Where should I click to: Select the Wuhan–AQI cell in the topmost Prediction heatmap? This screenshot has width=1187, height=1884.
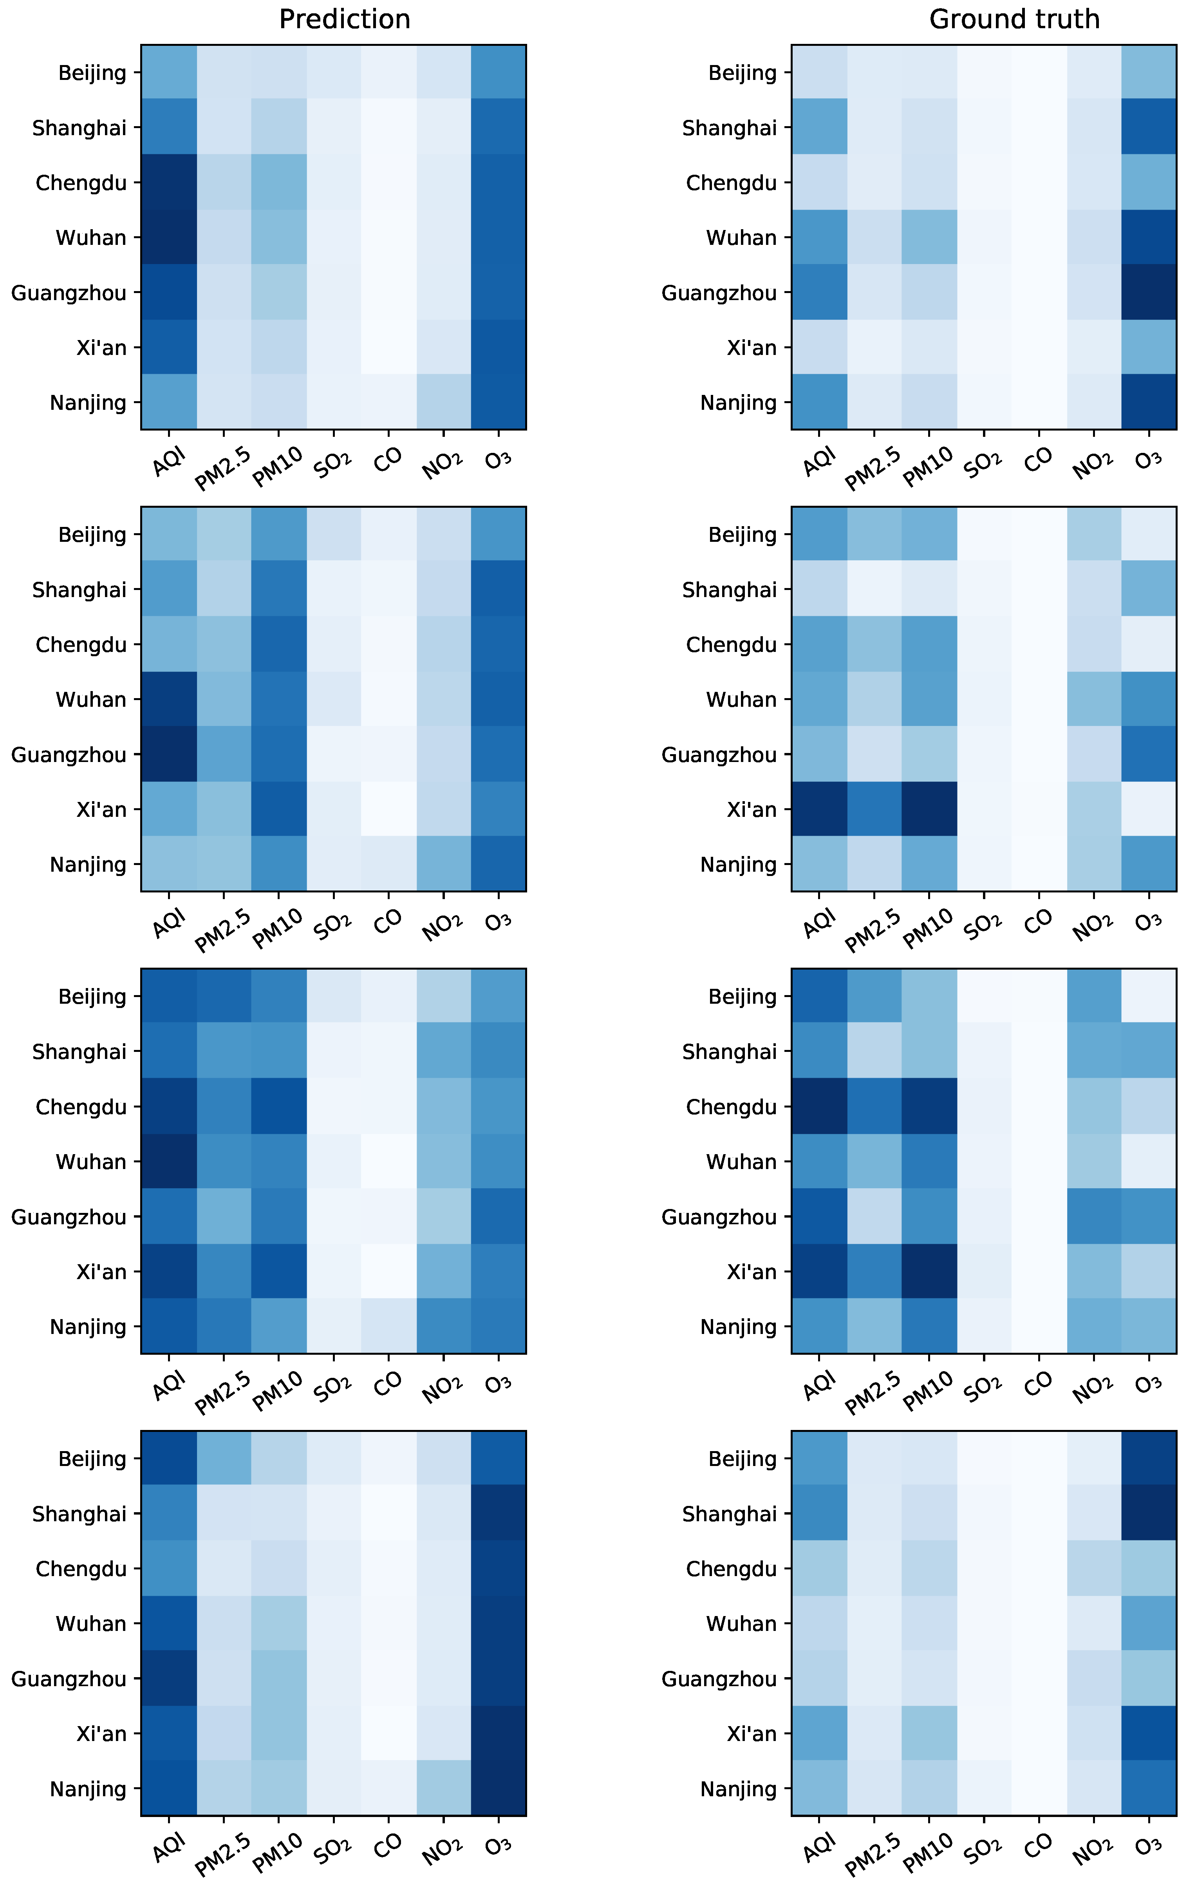pyautogui.click(x=169, y=237)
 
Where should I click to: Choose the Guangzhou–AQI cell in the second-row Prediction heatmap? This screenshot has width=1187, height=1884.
pyautogui.click(x=169, y=754)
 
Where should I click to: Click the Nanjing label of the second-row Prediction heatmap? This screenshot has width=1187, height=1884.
pyautogui.click(x=88, y=865)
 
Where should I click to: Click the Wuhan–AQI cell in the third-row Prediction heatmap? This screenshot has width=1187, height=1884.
pyautogui.click(x=169, y=1161)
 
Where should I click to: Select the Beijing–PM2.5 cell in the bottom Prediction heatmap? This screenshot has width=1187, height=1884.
pyautogui.click(x=224, y=1459)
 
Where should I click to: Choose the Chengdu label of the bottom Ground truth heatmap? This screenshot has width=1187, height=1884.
pyautogui.click(x=731, y=1569)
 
